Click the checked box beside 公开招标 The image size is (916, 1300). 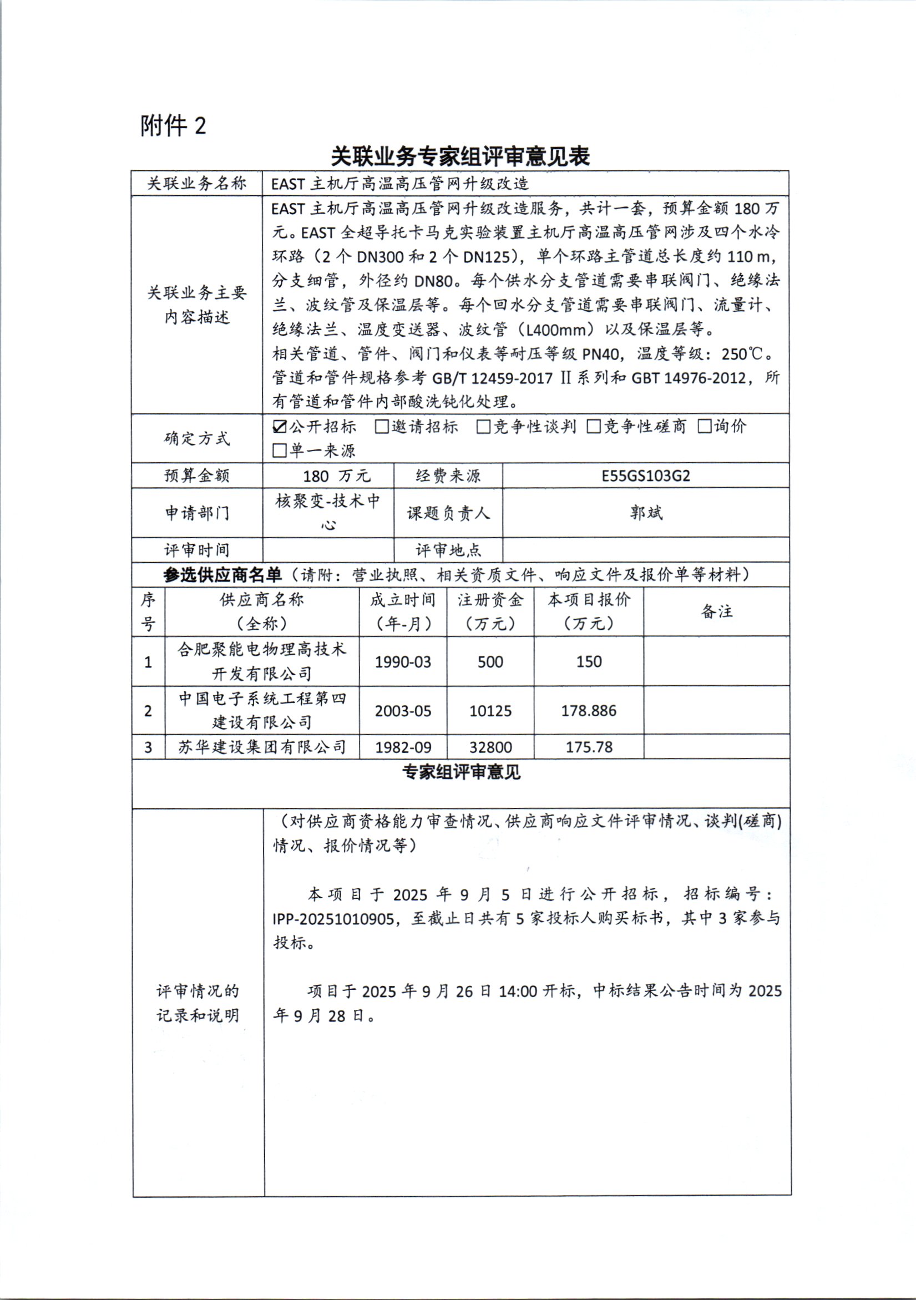click(x=280, y=426)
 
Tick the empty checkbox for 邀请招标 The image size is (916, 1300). click(x=382, y=426)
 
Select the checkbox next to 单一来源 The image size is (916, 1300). click(x=280, y=451)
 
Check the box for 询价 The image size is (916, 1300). click(x=704, y=426)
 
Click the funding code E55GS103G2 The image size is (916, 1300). click(x=645, y=476)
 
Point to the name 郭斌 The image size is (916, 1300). click(x=646, y=513)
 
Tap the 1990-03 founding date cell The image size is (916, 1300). click(x=403, y=661)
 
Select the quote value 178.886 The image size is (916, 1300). click(x=588, y=711)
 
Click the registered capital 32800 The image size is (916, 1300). click(x=490, y=747)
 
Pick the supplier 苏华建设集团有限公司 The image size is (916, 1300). click(x=262, y=747)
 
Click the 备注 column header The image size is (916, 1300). click(x=717, y=611)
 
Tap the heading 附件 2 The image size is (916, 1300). click(x=173, y=126)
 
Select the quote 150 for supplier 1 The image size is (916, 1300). click(x=589, y=661)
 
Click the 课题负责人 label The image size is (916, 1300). click(x=448, y=513)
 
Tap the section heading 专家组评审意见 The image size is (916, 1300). click(x=461, y=772)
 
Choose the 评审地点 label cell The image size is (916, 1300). click(x=448, y=550)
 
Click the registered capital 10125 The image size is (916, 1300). click(x=490, y=711)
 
